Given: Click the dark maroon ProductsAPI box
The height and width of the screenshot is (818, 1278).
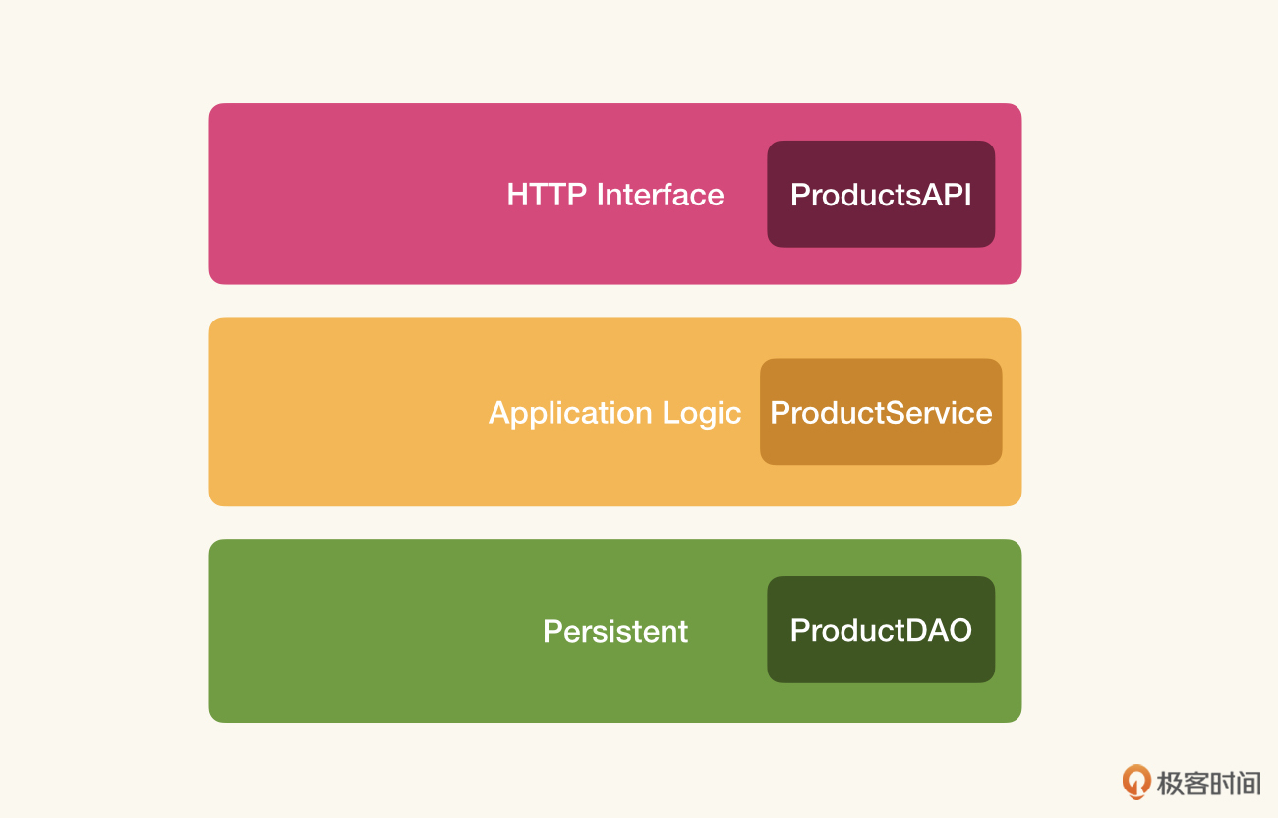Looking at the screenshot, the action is click(x=881, y=194).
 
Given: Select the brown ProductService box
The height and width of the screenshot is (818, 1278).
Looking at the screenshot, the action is click(x=881, y=412).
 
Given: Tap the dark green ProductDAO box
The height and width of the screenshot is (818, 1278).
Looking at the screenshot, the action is click(x=881, y=629).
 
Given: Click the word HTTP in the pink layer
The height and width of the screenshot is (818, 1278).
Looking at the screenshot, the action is click(x=547, y=195).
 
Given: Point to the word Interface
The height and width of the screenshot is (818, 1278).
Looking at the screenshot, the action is click(x=660, y=195).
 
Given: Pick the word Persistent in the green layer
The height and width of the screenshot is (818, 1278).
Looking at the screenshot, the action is click(x=615, y=631).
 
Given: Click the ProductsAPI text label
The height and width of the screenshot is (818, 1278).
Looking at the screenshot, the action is click(x=881, y=195).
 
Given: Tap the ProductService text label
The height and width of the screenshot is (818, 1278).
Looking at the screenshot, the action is click(x=881, y=412).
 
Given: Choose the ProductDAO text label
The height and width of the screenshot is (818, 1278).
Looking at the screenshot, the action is click(x=881, y=630).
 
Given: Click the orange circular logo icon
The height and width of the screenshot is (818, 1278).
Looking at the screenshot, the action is click(x=1135, y=782).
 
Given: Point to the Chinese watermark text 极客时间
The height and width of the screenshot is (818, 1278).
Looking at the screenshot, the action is click(x=1208, y=784).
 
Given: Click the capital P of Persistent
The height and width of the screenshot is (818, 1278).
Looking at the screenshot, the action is click(x=552, y=631).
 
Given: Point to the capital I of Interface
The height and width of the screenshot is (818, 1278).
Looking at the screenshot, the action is click(x=600, y=195).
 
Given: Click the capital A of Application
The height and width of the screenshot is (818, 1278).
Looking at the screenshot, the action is click(x=501, y=412).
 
